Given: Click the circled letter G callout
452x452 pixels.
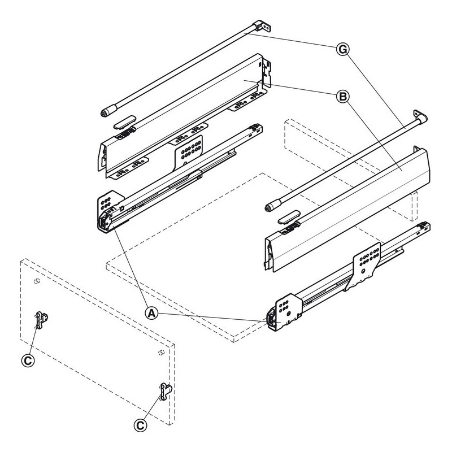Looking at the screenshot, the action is [343, 49].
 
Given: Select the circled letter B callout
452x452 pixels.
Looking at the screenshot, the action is [343, 96].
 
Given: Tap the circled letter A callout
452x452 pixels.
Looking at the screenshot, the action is [151, 313].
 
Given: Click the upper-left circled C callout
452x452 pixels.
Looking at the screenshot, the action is [28, 360].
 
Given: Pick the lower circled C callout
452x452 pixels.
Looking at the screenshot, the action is [140, 425].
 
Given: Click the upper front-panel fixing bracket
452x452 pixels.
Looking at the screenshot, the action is [41, 319].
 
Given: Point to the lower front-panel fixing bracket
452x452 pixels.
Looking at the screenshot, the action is [166, 392].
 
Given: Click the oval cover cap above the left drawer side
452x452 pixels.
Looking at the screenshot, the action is [124, 122].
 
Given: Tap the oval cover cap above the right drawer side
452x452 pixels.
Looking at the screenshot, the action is [289, 218].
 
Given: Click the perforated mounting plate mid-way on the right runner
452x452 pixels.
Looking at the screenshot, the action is [365, 264].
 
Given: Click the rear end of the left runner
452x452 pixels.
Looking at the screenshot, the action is [255, 129].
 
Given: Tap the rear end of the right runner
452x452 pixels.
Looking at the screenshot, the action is [423, 227].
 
